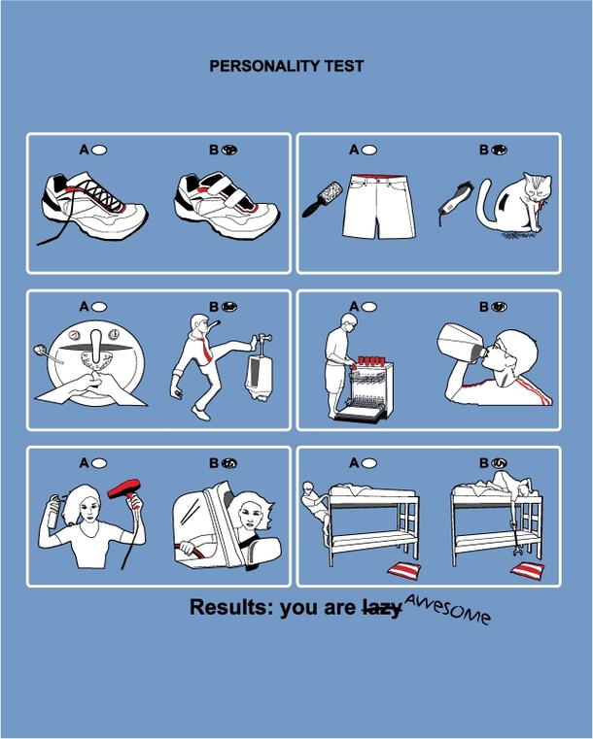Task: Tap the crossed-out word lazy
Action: click(x=382, y=608)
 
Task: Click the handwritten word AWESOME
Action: click(x=447, y=608)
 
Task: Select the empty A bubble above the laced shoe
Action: click(x=99, y=150)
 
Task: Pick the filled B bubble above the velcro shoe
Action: click(x=229, y=150)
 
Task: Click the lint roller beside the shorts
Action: click(x=323, y=199)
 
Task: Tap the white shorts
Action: click(x=379, y=207)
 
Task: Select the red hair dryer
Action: click(x=126, y=488)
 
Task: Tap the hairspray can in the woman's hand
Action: click(x=54, y=512)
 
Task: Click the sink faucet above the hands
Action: click(x=96, y=347)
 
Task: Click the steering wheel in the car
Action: click(x=192, y=549)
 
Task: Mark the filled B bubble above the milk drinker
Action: click(x=499, y=307)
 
